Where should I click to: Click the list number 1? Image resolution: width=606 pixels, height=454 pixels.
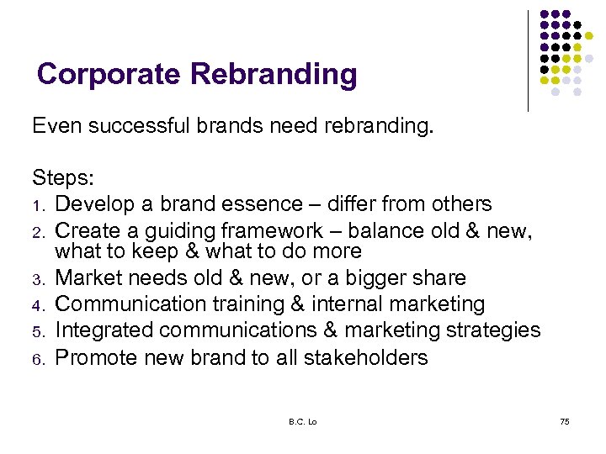tap(39, 205)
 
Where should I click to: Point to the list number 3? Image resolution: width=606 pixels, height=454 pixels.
tap(39, 279)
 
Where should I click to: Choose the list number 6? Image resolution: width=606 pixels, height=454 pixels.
tap(39, 359)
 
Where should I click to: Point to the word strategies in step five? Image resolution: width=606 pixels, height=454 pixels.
tap(494, 330)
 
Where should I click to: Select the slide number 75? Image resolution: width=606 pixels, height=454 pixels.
tap(564, 420)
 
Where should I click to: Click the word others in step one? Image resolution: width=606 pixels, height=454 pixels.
tap(460, 204)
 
